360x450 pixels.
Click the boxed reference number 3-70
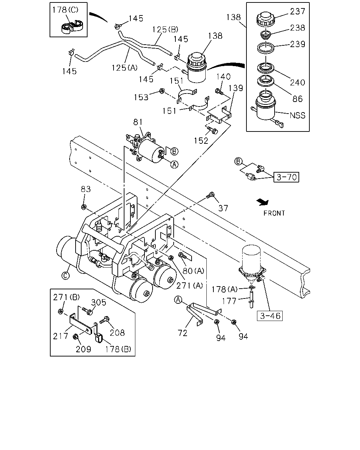[286, 177]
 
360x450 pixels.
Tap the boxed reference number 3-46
[270, 316]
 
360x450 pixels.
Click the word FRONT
[274, 213]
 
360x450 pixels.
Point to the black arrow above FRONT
[263, 202]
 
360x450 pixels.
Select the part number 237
[297, 11]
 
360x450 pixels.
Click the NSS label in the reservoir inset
[297, 115]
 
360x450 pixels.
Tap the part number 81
[138, 122]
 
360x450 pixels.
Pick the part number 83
[86, 189]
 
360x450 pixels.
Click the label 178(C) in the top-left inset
[65, 10]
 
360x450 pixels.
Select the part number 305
[99, 302]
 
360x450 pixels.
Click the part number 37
[223, 208]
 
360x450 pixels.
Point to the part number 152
[201, 141]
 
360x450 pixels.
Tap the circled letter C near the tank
[65, 276]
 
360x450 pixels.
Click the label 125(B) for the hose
[165, 30]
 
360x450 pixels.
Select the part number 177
[229, 301]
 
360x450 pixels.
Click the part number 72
[182, 333]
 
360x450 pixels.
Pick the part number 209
[83, 349]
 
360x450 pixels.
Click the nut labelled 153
[162, 91]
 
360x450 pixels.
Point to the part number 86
[297, 99]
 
